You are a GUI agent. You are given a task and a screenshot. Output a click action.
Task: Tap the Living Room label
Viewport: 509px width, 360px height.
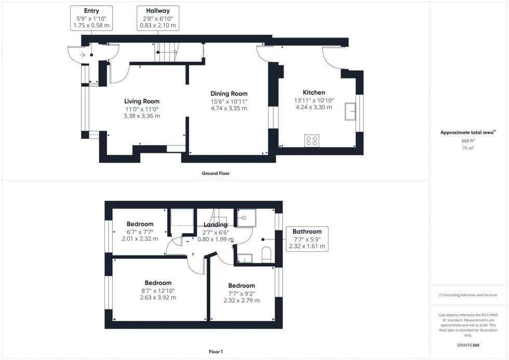(142, 101)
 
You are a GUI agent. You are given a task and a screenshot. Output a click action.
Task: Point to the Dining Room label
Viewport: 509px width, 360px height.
(229, 94)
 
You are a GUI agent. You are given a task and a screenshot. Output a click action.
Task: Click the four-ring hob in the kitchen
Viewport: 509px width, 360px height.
(312, 140)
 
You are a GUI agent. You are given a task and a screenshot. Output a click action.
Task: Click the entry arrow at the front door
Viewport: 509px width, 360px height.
(83, 54)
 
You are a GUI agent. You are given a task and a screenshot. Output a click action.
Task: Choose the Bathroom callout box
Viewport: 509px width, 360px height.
(307, 239)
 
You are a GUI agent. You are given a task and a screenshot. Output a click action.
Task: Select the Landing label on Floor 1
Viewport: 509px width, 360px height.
(215, 224)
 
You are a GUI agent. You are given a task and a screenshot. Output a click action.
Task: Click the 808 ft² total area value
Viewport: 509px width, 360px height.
(468, 141)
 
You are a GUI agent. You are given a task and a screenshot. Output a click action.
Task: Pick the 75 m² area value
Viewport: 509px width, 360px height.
(468, 148)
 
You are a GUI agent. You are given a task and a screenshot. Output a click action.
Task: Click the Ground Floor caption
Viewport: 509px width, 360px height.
(216, 174)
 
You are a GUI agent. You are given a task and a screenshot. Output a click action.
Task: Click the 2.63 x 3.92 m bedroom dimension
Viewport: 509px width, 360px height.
(158, 298)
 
